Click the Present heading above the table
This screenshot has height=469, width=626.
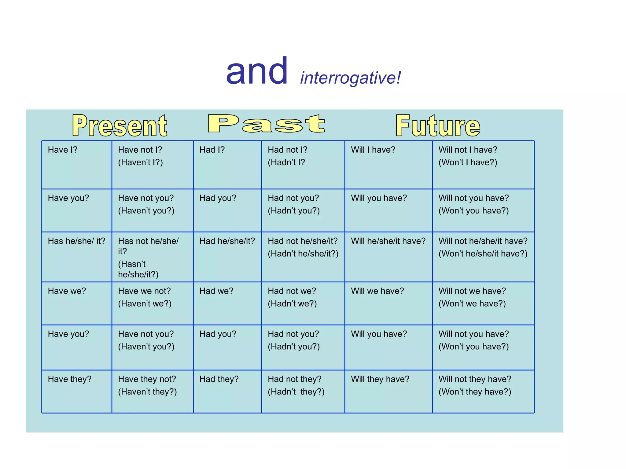120,125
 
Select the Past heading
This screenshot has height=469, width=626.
266,124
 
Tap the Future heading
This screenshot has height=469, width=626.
438,125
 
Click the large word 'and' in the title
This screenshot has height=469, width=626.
257,71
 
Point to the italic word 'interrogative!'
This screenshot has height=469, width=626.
350,78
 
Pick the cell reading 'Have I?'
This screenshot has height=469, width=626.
63,150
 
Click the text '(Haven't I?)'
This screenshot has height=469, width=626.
140,162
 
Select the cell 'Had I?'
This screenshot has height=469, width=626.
212,150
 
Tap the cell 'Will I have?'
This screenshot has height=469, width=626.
373,150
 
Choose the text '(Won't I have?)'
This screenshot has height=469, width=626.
468,162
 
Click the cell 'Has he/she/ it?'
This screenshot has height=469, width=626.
76,241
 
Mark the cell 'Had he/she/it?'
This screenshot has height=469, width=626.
227,241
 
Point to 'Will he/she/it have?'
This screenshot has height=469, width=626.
388,241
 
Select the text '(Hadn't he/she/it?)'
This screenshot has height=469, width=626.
303,253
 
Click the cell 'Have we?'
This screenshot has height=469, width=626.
67,291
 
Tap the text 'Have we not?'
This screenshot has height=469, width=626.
144,291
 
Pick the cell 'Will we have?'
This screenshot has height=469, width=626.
377,291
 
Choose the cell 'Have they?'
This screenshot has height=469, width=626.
70,379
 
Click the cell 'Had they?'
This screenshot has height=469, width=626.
219,379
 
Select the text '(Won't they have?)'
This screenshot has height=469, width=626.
475,391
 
